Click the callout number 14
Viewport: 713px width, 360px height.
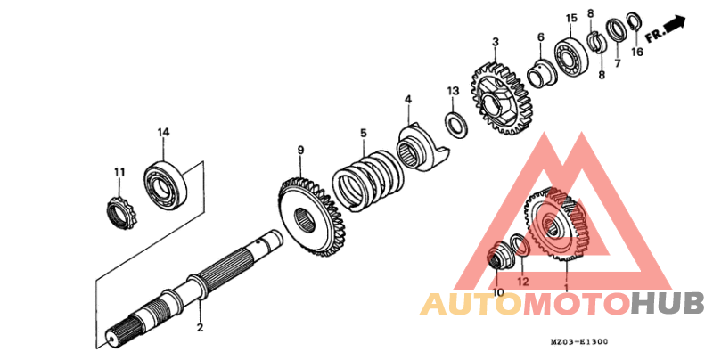[163, 133]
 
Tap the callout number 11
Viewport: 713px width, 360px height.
[119, 171]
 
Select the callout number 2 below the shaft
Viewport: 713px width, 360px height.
[201, 327]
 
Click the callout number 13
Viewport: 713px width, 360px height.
[452, 91]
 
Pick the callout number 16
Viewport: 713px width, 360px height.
[636, 53]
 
